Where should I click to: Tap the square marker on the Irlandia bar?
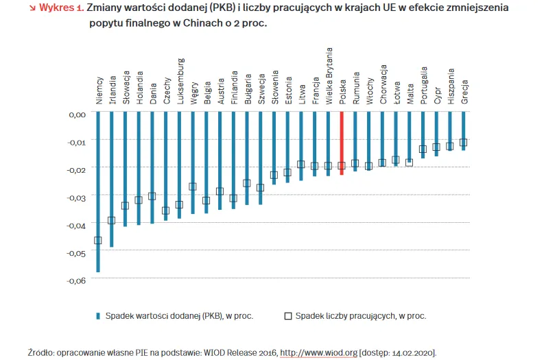(111, 220)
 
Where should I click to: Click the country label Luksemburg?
(180, 80)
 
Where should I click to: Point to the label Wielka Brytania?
(329, 76)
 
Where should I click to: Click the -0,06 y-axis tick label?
(76, 280)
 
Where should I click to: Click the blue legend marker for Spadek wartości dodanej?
(98, 316)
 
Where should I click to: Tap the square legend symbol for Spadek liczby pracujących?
(288, 316)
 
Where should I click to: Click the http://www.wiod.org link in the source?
(318, 352)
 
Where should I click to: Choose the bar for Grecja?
(463, 130)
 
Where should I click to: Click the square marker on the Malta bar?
(410, 163)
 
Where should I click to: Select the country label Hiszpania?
(450, 86)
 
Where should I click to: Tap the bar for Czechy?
(165, 165)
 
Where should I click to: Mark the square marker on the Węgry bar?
(193, 187)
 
